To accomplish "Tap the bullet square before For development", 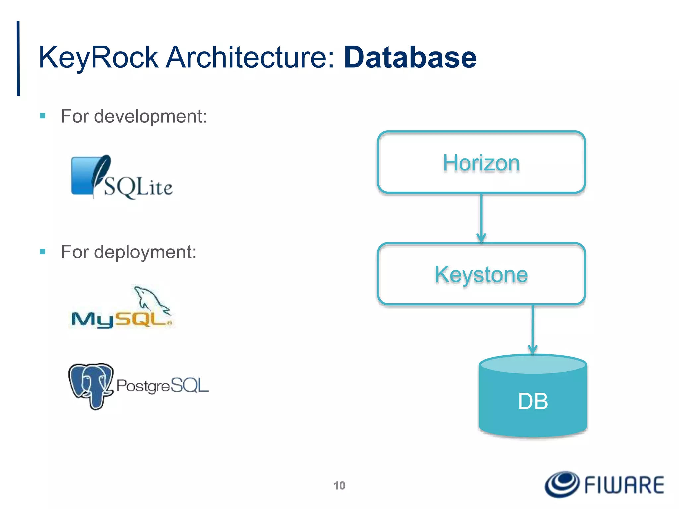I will (42, 116).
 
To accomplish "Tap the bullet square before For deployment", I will (42, 252).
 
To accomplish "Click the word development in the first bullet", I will (151, 116).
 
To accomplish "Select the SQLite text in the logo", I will (139, 187).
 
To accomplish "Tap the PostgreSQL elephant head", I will (91, 384).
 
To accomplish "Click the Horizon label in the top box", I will (481, 163).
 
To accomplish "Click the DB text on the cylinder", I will (533, 401).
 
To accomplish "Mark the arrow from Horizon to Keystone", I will (481, 217).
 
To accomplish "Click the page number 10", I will (339, 486).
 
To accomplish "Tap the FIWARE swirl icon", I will (562, 484).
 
